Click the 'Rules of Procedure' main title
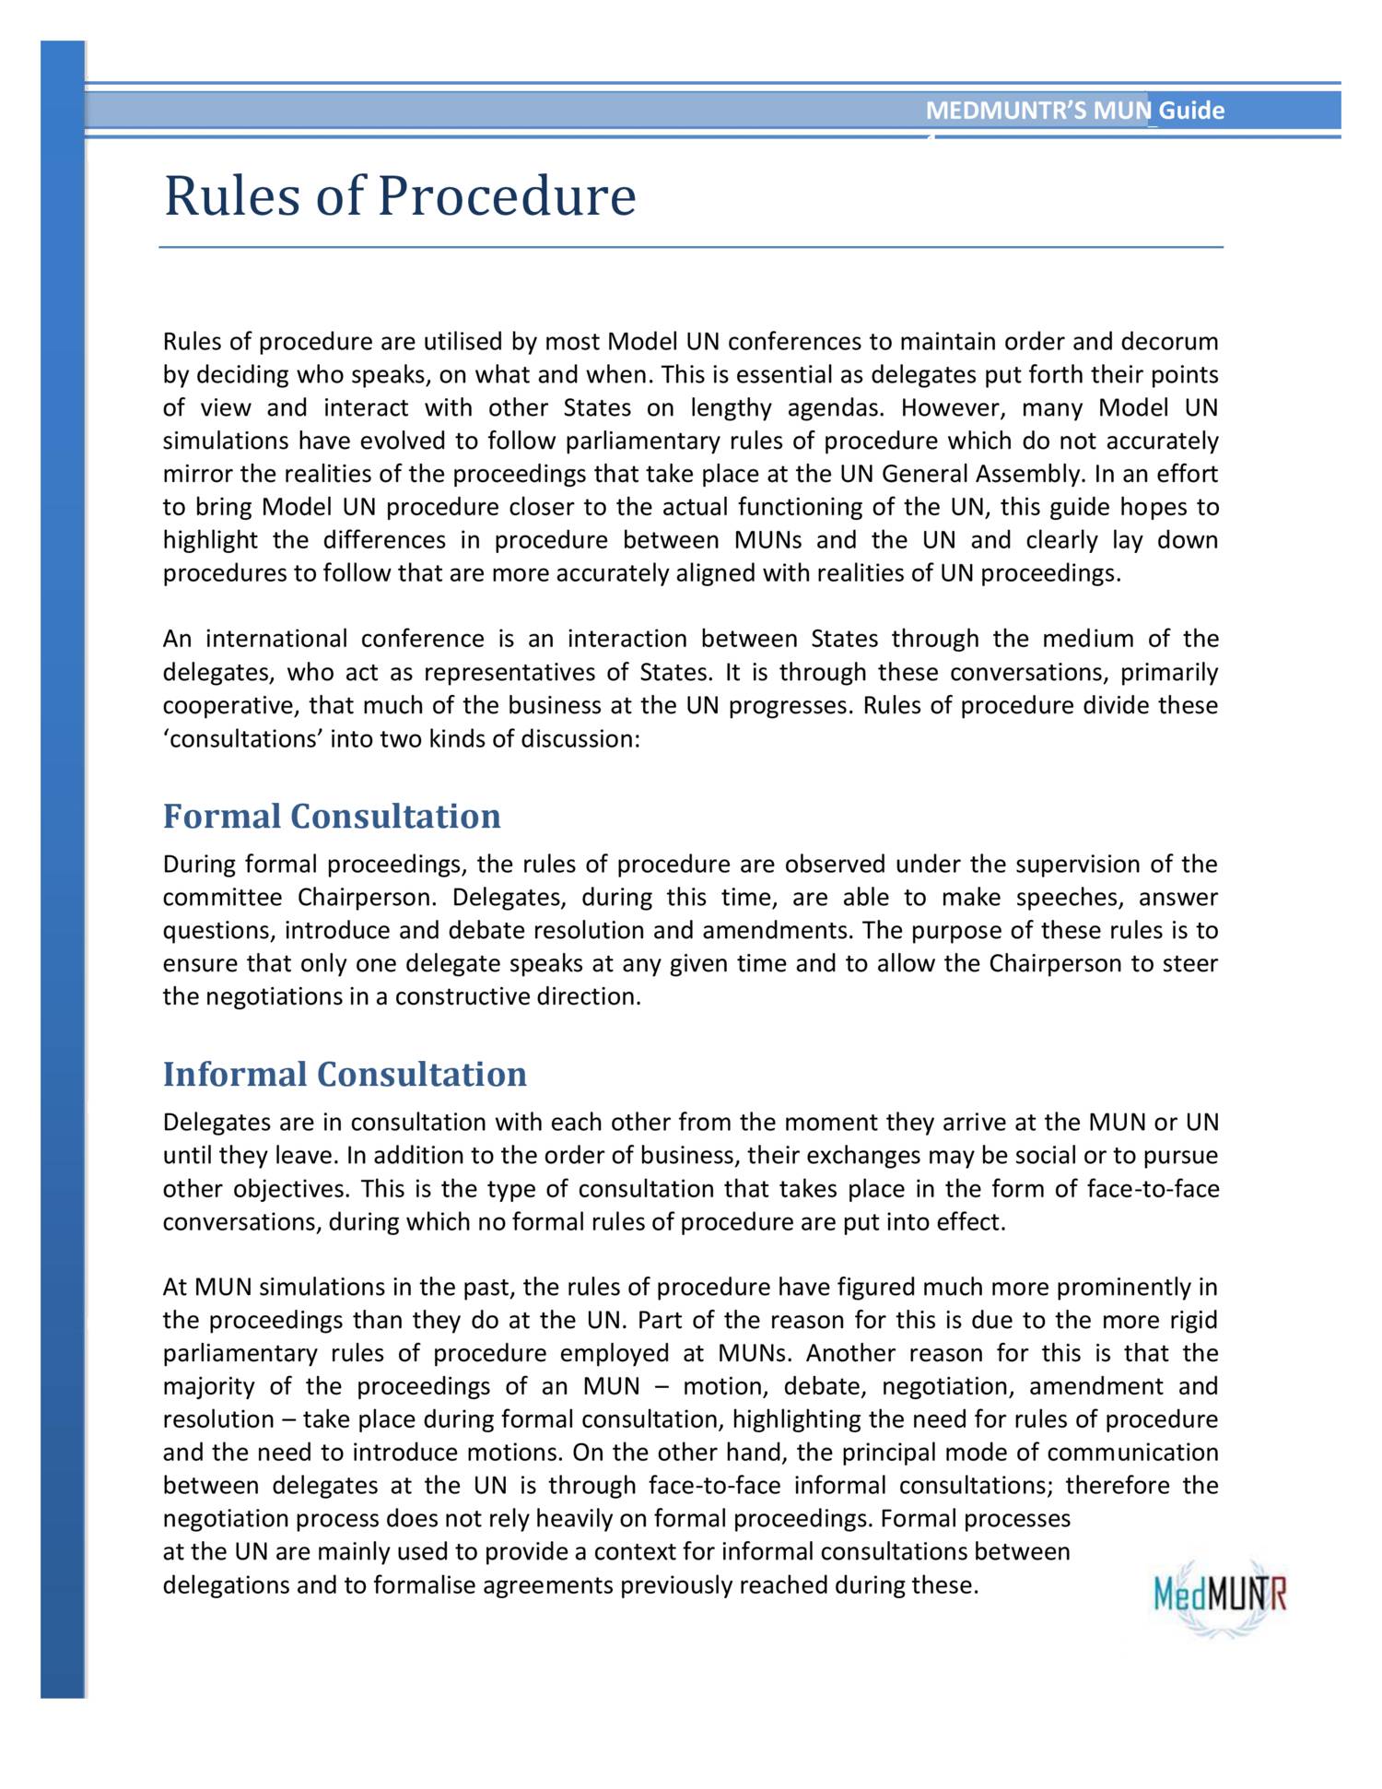point(399,196)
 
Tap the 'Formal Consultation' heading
point(332,817)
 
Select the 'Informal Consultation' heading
point(345,1075)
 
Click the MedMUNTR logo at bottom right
point(1220,1595)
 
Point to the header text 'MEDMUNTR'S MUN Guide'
point(1074,111)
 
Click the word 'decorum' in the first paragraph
point(1169,342)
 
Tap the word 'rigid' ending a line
point(1194,1321)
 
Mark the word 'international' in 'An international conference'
point(275,640)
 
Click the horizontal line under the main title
point(691,248)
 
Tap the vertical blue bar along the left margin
point(63,866)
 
